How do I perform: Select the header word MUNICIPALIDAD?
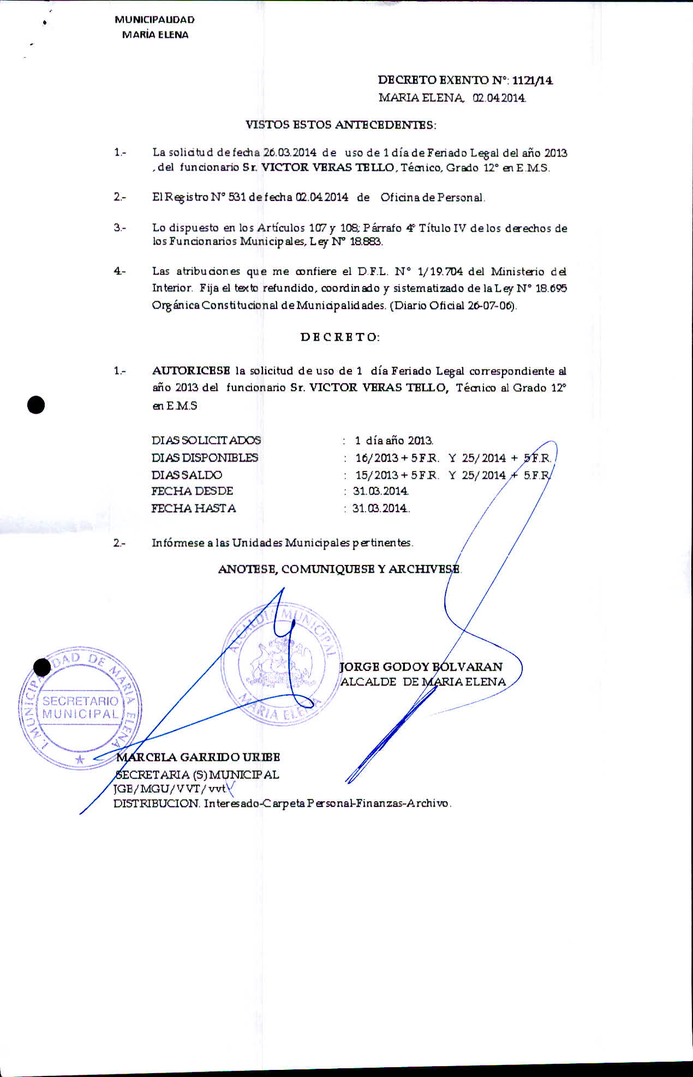pos(154,20)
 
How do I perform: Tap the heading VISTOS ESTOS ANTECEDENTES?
pos(340,124)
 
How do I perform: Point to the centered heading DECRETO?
pos(340,337)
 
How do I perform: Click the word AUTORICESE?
pos(191,371)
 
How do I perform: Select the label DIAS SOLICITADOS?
pos(206,440)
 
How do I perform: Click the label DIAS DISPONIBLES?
pos(205,457)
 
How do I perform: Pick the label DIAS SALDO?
pos(187,475)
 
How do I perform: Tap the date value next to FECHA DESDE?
pos(381,491)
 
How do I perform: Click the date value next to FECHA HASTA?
pos(380,508)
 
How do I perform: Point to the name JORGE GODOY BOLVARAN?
pos(421,667)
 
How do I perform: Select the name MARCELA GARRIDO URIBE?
pos(198,757)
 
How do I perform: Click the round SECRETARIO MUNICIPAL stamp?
pos(80,707)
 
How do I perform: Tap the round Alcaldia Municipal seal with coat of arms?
pos(280,665)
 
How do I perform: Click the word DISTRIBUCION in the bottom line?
pos(156,804)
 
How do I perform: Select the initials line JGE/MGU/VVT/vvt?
pos(169,789)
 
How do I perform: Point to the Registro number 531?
pos(237,198)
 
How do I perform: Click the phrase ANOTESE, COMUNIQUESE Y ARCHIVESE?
pos(339,569)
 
